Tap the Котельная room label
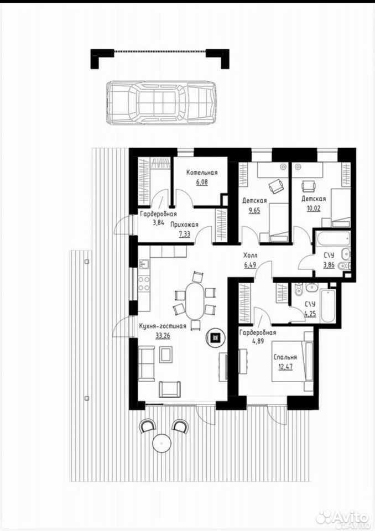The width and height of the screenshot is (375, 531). tap(202, 173)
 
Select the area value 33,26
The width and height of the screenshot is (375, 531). tap(163, 336)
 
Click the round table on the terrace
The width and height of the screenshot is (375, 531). tap(162, 442)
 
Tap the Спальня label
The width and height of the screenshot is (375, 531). tap(285, 357)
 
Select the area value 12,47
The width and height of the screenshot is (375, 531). tap(285, 366)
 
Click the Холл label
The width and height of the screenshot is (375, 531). tap(250, 256)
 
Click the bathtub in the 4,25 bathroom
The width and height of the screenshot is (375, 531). tap(328, 306)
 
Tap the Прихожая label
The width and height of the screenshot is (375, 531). tap(184, 225)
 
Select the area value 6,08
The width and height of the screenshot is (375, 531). tap(202, 182)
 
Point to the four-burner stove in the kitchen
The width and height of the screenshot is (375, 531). tap(144, 283)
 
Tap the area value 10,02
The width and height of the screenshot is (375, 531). tap(314, 209)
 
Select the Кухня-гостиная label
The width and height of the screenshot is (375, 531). tap(163, 326)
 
